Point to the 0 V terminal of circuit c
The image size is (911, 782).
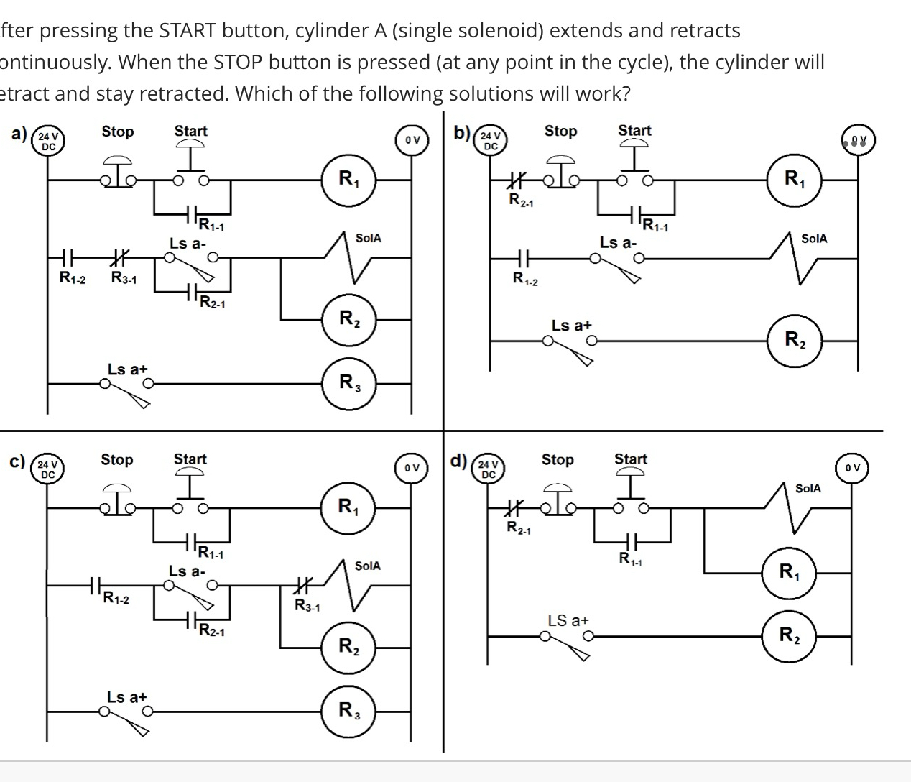[412, 469]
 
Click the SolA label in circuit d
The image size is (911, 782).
[808, 489]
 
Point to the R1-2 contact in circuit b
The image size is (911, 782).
[523, 260]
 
